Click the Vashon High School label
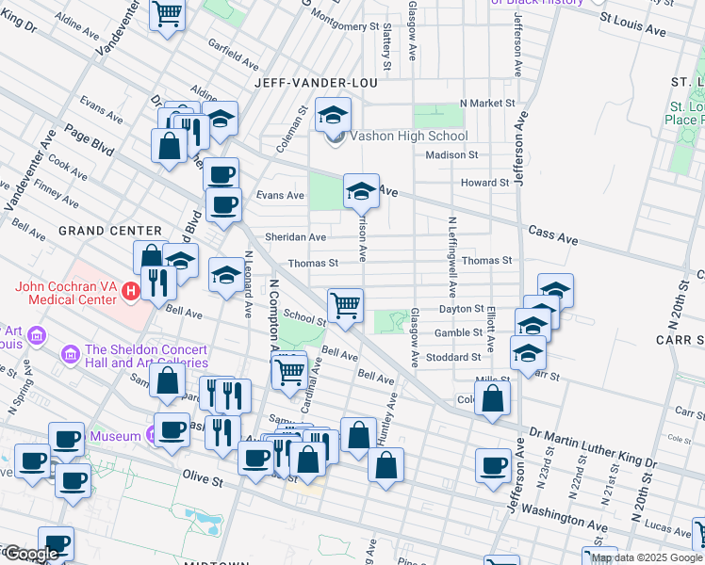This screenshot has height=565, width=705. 408,136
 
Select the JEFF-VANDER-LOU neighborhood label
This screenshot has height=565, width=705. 316,83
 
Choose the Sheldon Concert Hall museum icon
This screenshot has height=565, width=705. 70,354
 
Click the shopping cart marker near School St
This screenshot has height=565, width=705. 346,304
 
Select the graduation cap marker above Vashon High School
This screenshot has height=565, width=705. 333,115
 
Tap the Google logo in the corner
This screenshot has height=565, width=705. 30,554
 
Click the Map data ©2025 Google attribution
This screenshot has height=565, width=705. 647,557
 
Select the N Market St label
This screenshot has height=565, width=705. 487,103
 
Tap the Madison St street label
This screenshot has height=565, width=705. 451,154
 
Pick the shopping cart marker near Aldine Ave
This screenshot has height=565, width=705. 167,14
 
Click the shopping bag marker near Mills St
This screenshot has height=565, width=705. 492,398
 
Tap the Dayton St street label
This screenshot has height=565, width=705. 460,308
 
